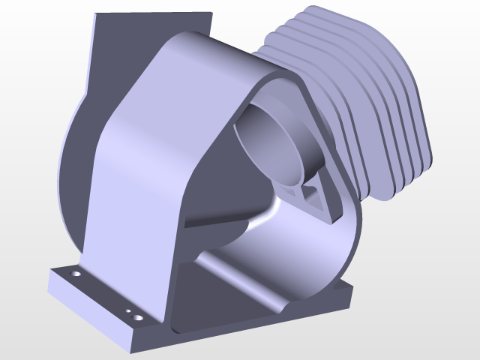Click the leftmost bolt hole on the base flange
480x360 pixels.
[75, 275]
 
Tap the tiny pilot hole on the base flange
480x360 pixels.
[128, 311]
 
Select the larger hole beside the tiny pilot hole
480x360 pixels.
[138, 317]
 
